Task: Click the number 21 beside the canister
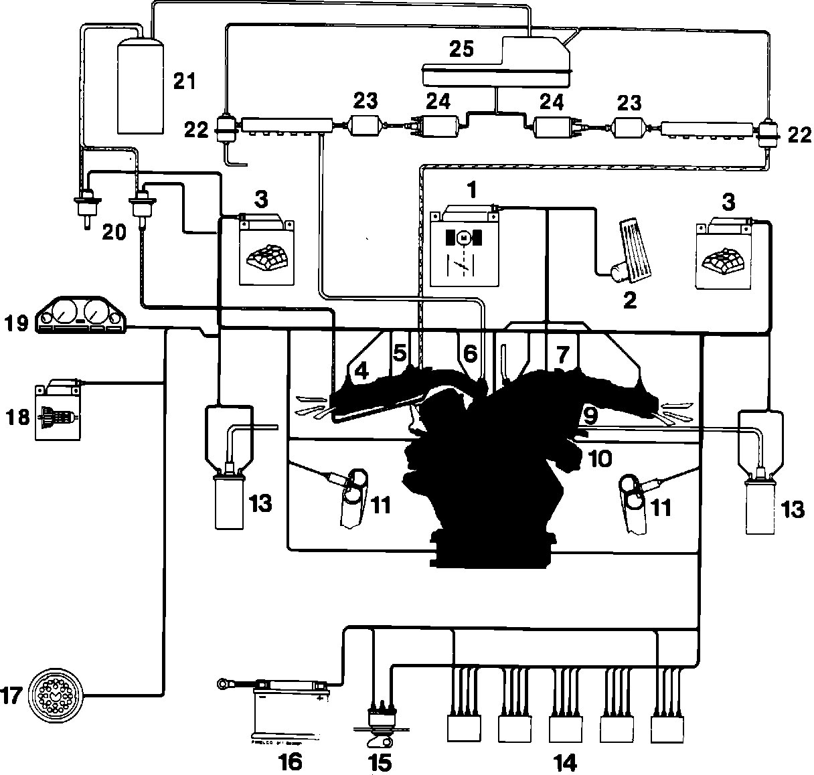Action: coord(184,82)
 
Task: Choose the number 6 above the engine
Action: coord(470,353)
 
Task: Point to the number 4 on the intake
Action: coord(361,371)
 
